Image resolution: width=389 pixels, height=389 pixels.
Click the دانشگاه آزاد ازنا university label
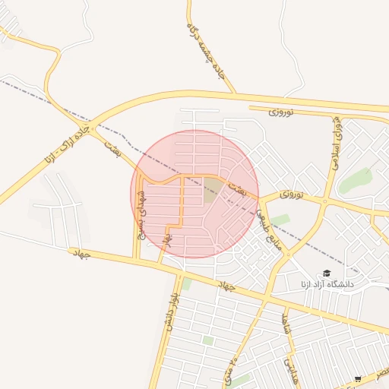326,284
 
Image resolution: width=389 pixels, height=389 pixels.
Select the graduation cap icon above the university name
327,273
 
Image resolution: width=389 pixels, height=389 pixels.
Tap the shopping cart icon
358,378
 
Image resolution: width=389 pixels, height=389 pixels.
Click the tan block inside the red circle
212,191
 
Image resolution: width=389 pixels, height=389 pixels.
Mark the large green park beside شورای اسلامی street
355,181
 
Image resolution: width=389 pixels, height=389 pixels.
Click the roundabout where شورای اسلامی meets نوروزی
324,202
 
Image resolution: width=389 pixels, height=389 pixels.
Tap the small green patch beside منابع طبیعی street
281,220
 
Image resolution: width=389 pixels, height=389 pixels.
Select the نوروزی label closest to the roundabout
291,195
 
